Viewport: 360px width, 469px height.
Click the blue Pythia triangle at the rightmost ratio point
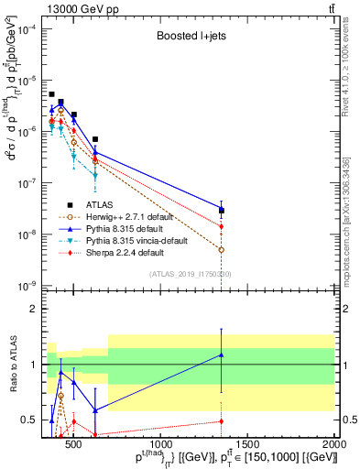(221, 354)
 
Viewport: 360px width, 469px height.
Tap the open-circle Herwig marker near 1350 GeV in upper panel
(221, 249)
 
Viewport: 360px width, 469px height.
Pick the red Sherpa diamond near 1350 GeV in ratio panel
(221, 421)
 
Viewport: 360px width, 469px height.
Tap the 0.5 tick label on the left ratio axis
(28, 420)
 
